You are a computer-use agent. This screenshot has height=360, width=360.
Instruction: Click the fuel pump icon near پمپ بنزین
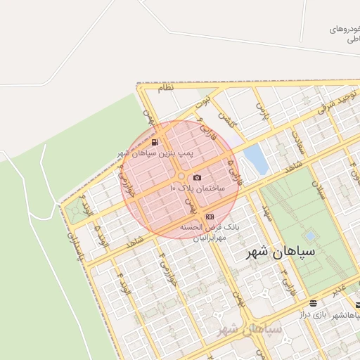(154, 142)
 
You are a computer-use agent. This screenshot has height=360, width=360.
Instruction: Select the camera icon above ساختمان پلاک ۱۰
(197, 177)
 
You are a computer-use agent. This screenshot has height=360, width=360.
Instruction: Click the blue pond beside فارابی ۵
(256, 159)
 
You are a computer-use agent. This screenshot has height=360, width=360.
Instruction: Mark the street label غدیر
(340, 288)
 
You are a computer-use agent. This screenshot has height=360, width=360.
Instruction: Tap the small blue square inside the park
(309, 236)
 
